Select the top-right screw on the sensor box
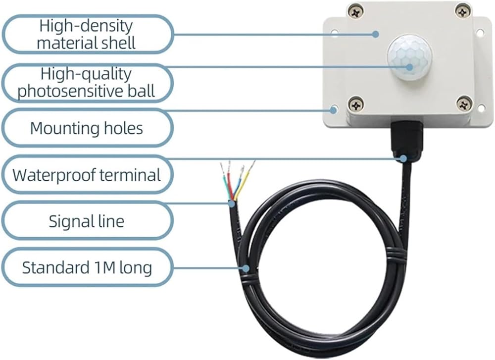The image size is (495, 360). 463,12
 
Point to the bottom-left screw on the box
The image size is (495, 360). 356,104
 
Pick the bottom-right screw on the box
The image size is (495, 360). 464,104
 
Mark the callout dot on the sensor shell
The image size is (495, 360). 375,34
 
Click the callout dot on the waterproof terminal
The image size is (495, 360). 403,158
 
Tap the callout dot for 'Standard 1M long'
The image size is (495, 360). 246,268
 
